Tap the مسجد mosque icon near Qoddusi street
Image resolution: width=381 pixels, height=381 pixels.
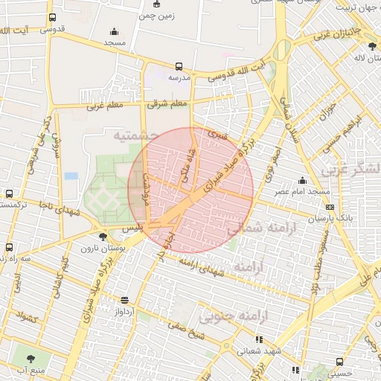coord(113,32)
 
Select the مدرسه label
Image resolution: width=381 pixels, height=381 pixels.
coord(179,77)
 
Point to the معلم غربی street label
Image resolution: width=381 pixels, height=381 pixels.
coord(104,106)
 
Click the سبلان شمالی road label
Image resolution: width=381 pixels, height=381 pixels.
coord(286,112)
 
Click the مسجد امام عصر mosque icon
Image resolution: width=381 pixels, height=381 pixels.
coord(302,181)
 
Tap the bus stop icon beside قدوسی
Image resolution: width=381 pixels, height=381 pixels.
coord(51,18)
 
